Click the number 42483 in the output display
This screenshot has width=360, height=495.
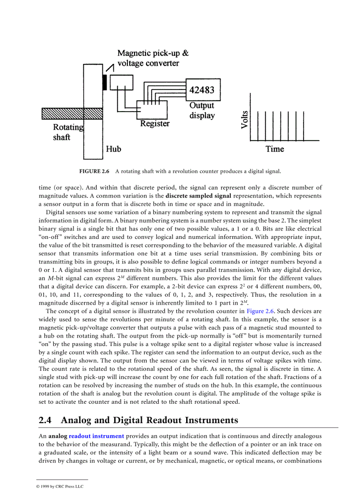[202, 90]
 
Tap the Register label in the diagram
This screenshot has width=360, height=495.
[155, 124]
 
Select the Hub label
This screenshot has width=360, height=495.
[113, 149]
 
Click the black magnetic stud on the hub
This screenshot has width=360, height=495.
[105, 81]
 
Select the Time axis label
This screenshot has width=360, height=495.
[275, 149]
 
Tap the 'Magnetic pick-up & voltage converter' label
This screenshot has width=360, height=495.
[153, 58]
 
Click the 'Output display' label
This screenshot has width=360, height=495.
[202, 111]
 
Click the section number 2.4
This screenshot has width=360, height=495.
[45, 420]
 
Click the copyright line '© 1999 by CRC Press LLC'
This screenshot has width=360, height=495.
[60, 487]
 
